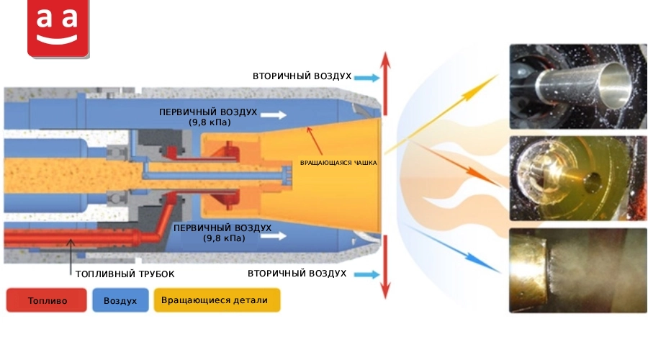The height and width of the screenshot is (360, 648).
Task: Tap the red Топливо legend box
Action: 47,300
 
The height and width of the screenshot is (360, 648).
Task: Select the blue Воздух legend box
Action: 120,300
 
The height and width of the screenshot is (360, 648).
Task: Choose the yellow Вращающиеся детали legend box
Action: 217,300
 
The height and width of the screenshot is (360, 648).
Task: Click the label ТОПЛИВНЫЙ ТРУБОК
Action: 125,274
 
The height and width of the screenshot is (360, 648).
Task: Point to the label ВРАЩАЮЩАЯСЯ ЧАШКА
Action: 338,163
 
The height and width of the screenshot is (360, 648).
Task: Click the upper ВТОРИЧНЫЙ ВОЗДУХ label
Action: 302,76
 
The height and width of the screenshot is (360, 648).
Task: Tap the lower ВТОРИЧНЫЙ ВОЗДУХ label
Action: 297,273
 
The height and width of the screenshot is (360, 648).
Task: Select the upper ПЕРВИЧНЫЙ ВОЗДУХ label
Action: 208,117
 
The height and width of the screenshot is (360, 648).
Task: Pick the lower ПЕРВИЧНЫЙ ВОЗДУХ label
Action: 222,233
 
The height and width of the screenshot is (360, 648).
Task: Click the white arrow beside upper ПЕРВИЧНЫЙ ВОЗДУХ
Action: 274,115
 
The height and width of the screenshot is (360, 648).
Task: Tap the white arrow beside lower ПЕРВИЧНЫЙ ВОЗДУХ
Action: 274,236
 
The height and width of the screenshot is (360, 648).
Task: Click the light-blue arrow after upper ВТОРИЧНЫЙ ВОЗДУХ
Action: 367,77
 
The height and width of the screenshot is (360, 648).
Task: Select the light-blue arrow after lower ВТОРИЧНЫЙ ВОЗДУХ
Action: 367,274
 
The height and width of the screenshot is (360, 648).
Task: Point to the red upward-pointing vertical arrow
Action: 385,84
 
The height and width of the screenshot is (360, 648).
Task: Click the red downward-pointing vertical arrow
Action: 385,267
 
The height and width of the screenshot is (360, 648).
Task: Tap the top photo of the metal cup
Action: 578,86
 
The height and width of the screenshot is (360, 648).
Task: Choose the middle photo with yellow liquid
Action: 578,178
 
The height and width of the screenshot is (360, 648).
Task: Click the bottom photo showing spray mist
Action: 578,270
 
